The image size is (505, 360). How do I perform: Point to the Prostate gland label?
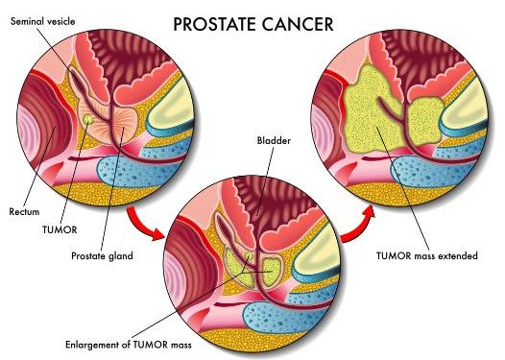102,255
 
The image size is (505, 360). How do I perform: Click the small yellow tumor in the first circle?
87,120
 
